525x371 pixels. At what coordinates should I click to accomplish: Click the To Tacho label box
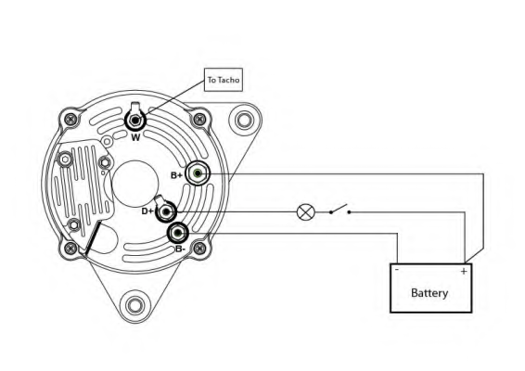pos(224,80)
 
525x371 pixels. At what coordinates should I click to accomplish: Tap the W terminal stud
pos(135,121)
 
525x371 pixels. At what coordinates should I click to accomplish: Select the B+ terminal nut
pos(198,173)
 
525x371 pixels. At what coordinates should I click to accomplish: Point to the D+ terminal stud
pos(166,211)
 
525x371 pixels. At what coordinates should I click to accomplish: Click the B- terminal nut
pos(178,233)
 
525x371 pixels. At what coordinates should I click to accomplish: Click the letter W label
pos(135,137)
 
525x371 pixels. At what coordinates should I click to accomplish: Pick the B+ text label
pos(177,175)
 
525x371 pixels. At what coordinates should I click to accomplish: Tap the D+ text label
pos(147,211)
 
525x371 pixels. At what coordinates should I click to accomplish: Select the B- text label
pos(180,249)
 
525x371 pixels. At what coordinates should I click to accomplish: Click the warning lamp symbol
pos(306,212)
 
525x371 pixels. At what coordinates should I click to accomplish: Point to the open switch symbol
pos(339,210)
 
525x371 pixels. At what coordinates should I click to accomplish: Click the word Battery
pos(429,293)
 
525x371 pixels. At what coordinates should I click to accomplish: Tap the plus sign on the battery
pos(464,271)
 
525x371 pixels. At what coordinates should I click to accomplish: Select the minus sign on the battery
pos(397,270)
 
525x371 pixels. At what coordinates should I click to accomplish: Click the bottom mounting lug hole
pos(135,306)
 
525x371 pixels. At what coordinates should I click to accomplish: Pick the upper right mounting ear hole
pos(245,120)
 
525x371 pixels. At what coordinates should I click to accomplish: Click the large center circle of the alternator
pos(135,184)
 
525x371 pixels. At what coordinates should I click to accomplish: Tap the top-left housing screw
pos(70,119)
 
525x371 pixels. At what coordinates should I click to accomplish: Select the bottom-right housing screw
pos(199,249)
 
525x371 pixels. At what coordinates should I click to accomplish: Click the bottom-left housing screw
pos(70,249)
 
